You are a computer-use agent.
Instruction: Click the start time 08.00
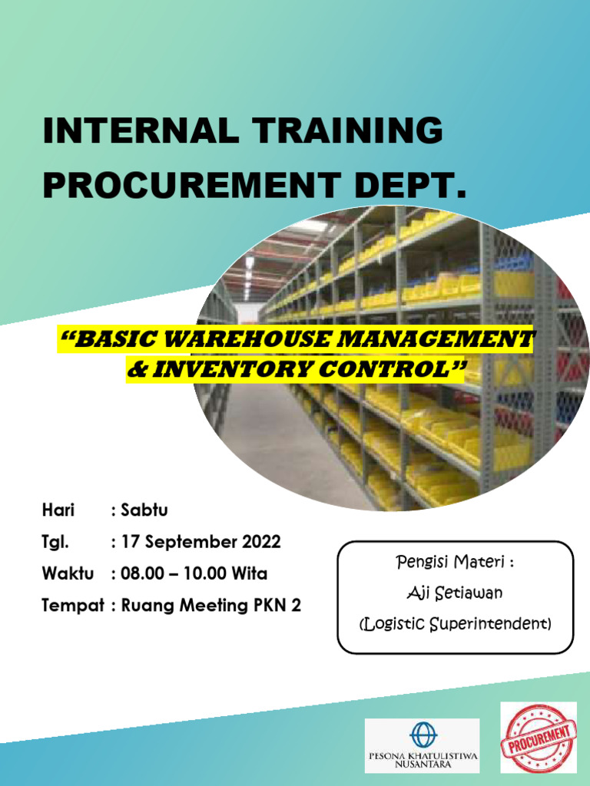coord(141,573)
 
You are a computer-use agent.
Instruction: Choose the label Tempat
coord(72,606)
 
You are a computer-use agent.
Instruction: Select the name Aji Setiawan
coord(455,593)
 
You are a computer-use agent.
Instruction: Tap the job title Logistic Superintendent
coord(455,623)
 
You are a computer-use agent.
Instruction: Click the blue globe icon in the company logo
coord(422,734)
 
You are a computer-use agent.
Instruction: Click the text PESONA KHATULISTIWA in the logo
coord(422,755)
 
